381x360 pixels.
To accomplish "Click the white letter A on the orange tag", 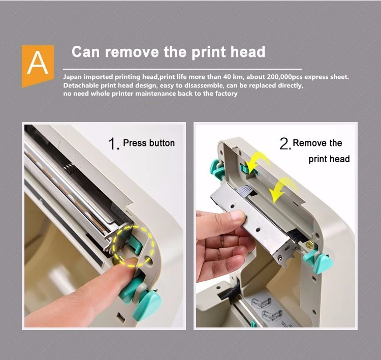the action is pos(38,63).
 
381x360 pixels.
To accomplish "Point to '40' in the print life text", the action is pos(227,77).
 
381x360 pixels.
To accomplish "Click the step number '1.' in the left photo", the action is pos(114,143).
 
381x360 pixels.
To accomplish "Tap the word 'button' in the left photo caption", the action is pos(162,143).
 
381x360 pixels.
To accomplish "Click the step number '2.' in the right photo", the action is pos(285,143).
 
